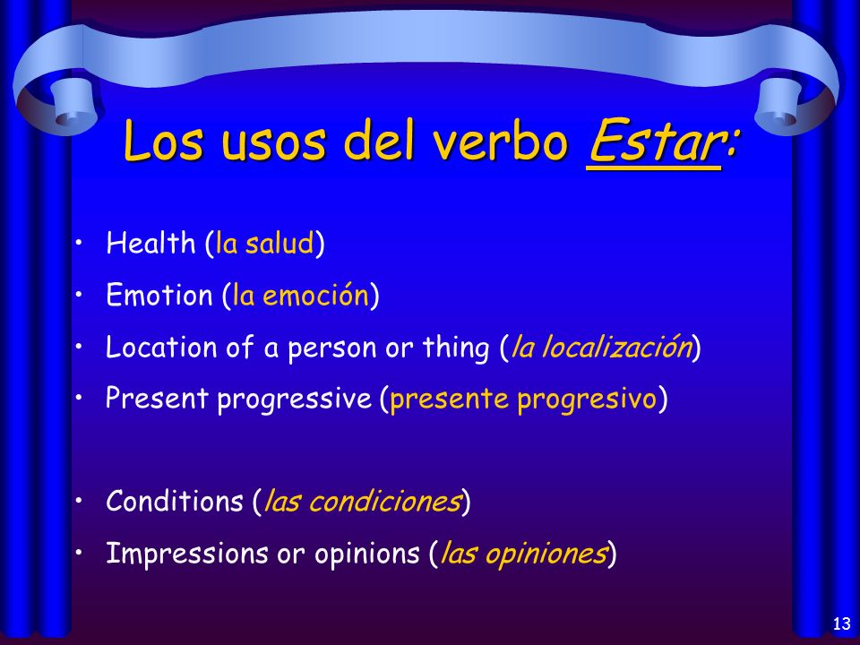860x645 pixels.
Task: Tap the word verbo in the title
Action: [500, 141]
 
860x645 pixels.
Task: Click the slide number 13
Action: [841, 623]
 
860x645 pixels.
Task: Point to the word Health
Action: [150, 243]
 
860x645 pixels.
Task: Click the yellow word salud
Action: [279, 243]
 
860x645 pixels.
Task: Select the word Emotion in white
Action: [159, 295]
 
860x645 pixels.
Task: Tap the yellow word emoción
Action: [315, 295]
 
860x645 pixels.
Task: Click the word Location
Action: [161, 348]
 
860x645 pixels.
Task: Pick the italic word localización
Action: [617, 347]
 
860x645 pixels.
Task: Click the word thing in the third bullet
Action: [456, 348]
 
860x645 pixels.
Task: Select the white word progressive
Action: [294, 400]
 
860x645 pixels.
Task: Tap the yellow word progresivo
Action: [587, 400]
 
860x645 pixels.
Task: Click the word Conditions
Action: [175, 501]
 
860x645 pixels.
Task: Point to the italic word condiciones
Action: [384, 501]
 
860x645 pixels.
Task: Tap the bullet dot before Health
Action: [80, 243]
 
